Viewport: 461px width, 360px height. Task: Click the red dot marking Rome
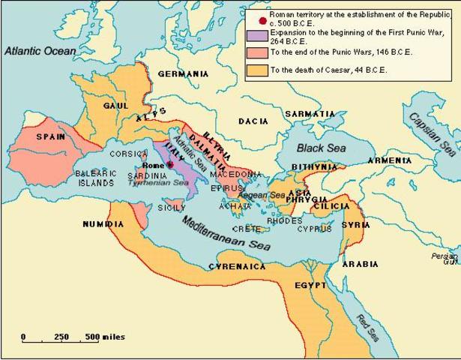(170, 164)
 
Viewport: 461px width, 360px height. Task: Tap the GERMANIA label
(183, 74)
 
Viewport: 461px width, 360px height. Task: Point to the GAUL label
(116, 106)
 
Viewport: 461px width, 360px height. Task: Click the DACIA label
(253, 121)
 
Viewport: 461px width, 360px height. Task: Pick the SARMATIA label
(310, 114)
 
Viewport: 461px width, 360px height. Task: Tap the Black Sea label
(319, 148)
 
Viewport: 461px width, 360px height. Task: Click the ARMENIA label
(389, 160)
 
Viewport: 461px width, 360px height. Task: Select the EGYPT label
(310, 285)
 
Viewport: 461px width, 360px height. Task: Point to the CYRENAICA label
(238, 266)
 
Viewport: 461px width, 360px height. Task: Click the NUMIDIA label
(103, 223)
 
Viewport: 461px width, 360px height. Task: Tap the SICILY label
(170, 207)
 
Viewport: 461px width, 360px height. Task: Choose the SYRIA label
(355, 224)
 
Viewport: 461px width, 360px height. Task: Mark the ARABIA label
(361, 264)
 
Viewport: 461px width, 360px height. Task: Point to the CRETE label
(247, 229)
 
